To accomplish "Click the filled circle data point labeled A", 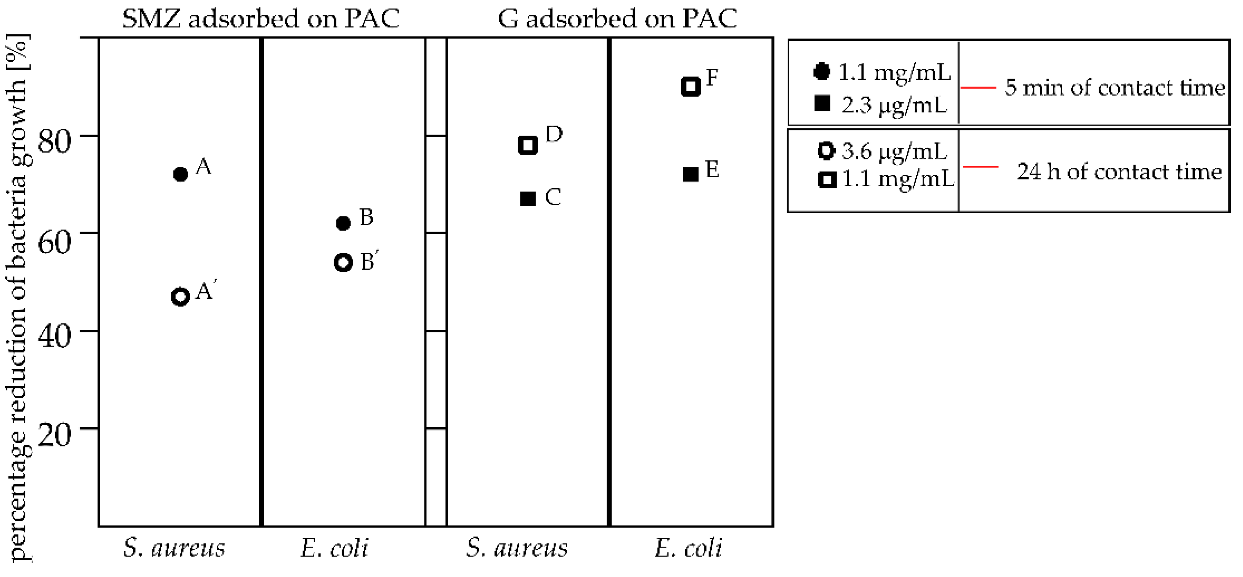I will point(180,174).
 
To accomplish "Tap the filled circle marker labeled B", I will point(343,223).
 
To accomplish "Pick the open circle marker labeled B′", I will point(343,263).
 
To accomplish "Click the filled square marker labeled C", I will point(528,198).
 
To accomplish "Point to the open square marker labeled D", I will point(528,145).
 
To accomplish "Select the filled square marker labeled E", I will point(691,174).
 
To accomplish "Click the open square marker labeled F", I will point(691,86).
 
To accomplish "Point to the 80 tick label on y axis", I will point(54,142).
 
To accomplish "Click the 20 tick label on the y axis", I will point(54,435).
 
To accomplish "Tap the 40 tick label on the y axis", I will point(54,337).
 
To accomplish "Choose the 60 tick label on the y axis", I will point(54,240).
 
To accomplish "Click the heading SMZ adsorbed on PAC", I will point(260,19).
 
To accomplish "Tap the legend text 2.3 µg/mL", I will point(894,105).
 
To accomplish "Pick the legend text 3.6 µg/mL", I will point(894,151).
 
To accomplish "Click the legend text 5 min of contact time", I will point(1114,88).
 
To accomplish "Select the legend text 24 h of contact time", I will point(1119,171).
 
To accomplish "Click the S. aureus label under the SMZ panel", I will point(174,548).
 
